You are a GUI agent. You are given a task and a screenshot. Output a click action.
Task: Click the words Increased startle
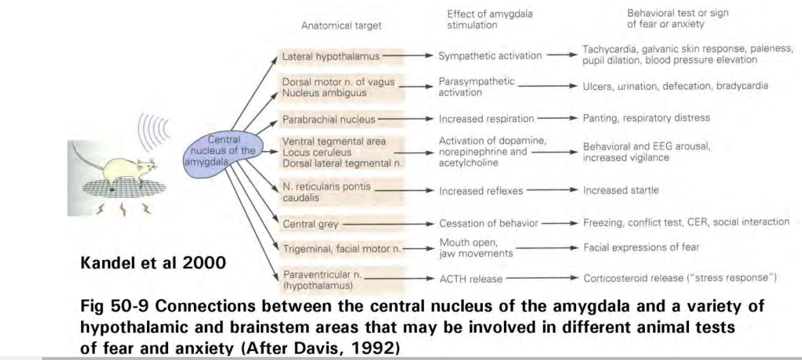[620, 191]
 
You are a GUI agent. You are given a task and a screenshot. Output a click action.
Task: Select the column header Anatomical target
[341, 27]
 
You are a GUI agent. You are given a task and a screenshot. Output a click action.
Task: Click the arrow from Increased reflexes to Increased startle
[552, 191]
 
